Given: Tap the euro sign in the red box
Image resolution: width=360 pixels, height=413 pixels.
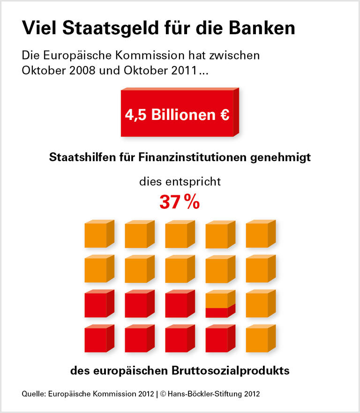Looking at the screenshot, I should [x=224, y=115].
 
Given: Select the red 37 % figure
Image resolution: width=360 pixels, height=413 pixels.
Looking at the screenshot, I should [x=180, y=202].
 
